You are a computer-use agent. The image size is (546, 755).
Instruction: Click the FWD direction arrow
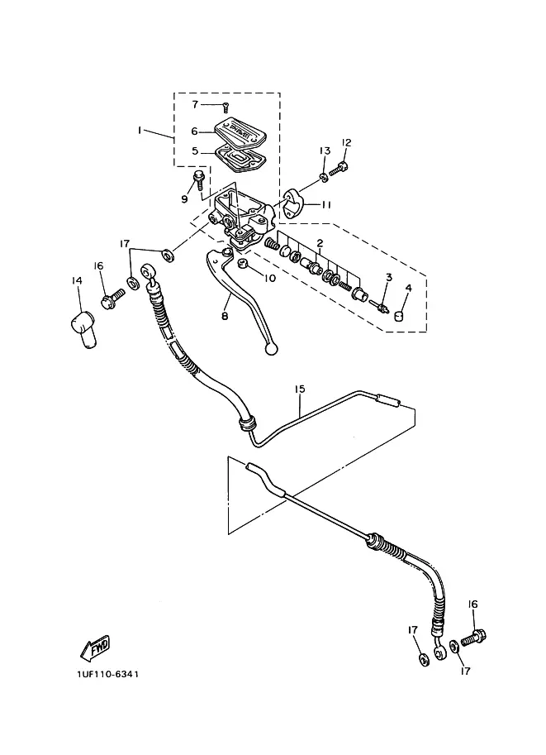pos(95,647)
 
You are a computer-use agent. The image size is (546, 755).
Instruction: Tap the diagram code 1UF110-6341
pos(107,674)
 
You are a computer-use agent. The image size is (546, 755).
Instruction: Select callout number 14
pos(77,280)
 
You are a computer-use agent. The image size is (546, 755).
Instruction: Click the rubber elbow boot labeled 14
pos(83,329)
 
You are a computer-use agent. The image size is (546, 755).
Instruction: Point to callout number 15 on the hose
pos(300,389)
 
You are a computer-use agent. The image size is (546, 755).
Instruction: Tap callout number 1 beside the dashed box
pos(140,130)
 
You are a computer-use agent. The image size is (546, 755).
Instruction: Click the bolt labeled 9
pos(197,179)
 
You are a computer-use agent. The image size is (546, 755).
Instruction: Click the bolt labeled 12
pos(338,169)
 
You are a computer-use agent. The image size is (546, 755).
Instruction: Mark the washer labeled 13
pos(324,178)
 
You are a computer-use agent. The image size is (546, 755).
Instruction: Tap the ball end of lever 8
pos(271,350)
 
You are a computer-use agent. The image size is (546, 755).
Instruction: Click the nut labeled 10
pos(243,263)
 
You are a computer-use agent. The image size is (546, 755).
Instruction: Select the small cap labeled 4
pos(399,316)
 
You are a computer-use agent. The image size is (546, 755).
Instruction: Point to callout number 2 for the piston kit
pos(320,243)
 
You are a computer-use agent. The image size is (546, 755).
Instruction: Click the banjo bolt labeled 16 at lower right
pos(473,638)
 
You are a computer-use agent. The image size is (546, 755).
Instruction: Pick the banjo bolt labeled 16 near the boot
pos(113,297)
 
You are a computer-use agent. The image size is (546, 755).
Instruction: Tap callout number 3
pos(389,277)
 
